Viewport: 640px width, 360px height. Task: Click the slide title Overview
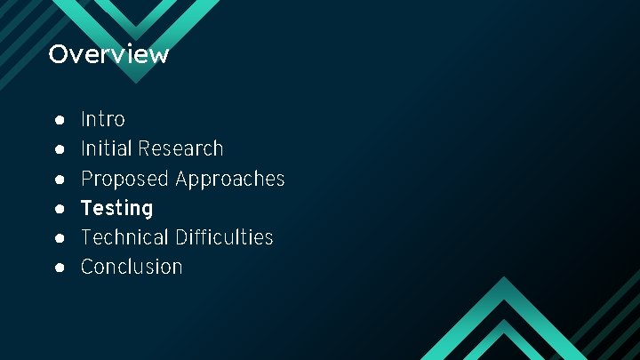click(x=108, y=54)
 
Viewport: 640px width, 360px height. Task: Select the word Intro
click(x=103, y=119)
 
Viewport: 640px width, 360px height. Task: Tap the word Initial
click(x=103, y=148)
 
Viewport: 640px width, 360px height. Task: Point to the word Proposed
click(x=124, y=179)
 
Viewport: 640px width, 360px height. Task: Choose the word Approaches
click(x=229, y=179)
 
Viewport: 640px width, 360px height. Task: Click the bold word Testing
click(x=116, y=208)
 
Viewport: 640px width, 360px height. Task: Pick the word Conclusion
click(x=132, y=267)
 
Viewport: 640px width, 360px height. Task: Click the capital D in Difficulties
click(x=180, y=237)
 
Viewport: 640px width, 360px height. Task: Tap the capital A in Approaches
click(x=182, y=179)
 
